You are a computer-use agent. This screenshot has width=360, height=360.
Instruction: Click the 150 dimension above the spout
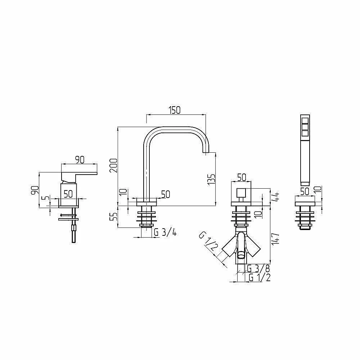pos(175,110)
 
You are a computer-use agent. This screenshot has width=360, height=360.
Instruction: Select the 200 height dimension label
pos(113,166)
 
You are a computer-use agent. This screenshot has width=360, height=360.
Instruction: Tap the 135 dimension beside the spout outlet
pos(211,179)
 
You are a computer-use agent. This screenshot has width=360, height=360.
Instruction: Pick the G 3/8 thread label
pos(258,269)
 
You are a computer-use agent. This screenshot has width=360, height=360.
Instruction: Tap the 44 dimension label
pos(275,197)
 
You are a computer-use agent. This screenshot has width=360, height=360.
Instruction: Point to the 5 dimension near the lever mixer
pos(46,198)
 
